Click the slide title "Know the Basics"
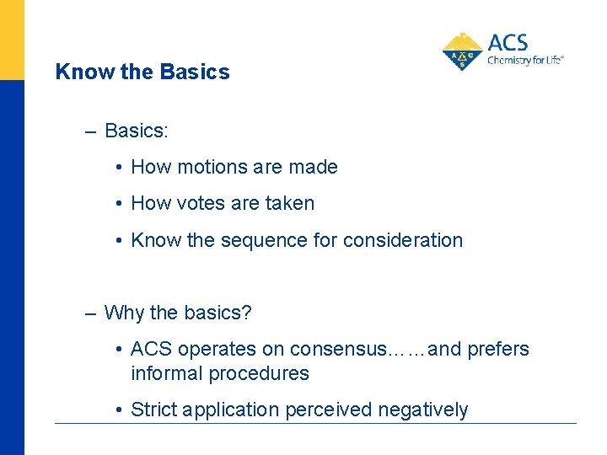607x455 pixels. point(142,72)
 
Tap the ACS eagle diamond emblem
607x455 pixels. point(462,51)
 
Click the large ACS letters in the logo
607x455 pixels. point(508,42)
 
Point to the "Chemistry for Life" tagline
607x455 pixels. point(524,61)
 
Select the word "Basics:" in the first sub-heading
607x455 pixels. point(137,131)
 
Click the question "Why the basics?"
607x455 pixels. point(178,313)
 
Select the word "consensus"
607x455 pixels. point(336,349)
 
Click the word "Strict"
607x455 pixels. point(154,409)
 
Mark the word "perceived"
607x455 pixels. point(328,409)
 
